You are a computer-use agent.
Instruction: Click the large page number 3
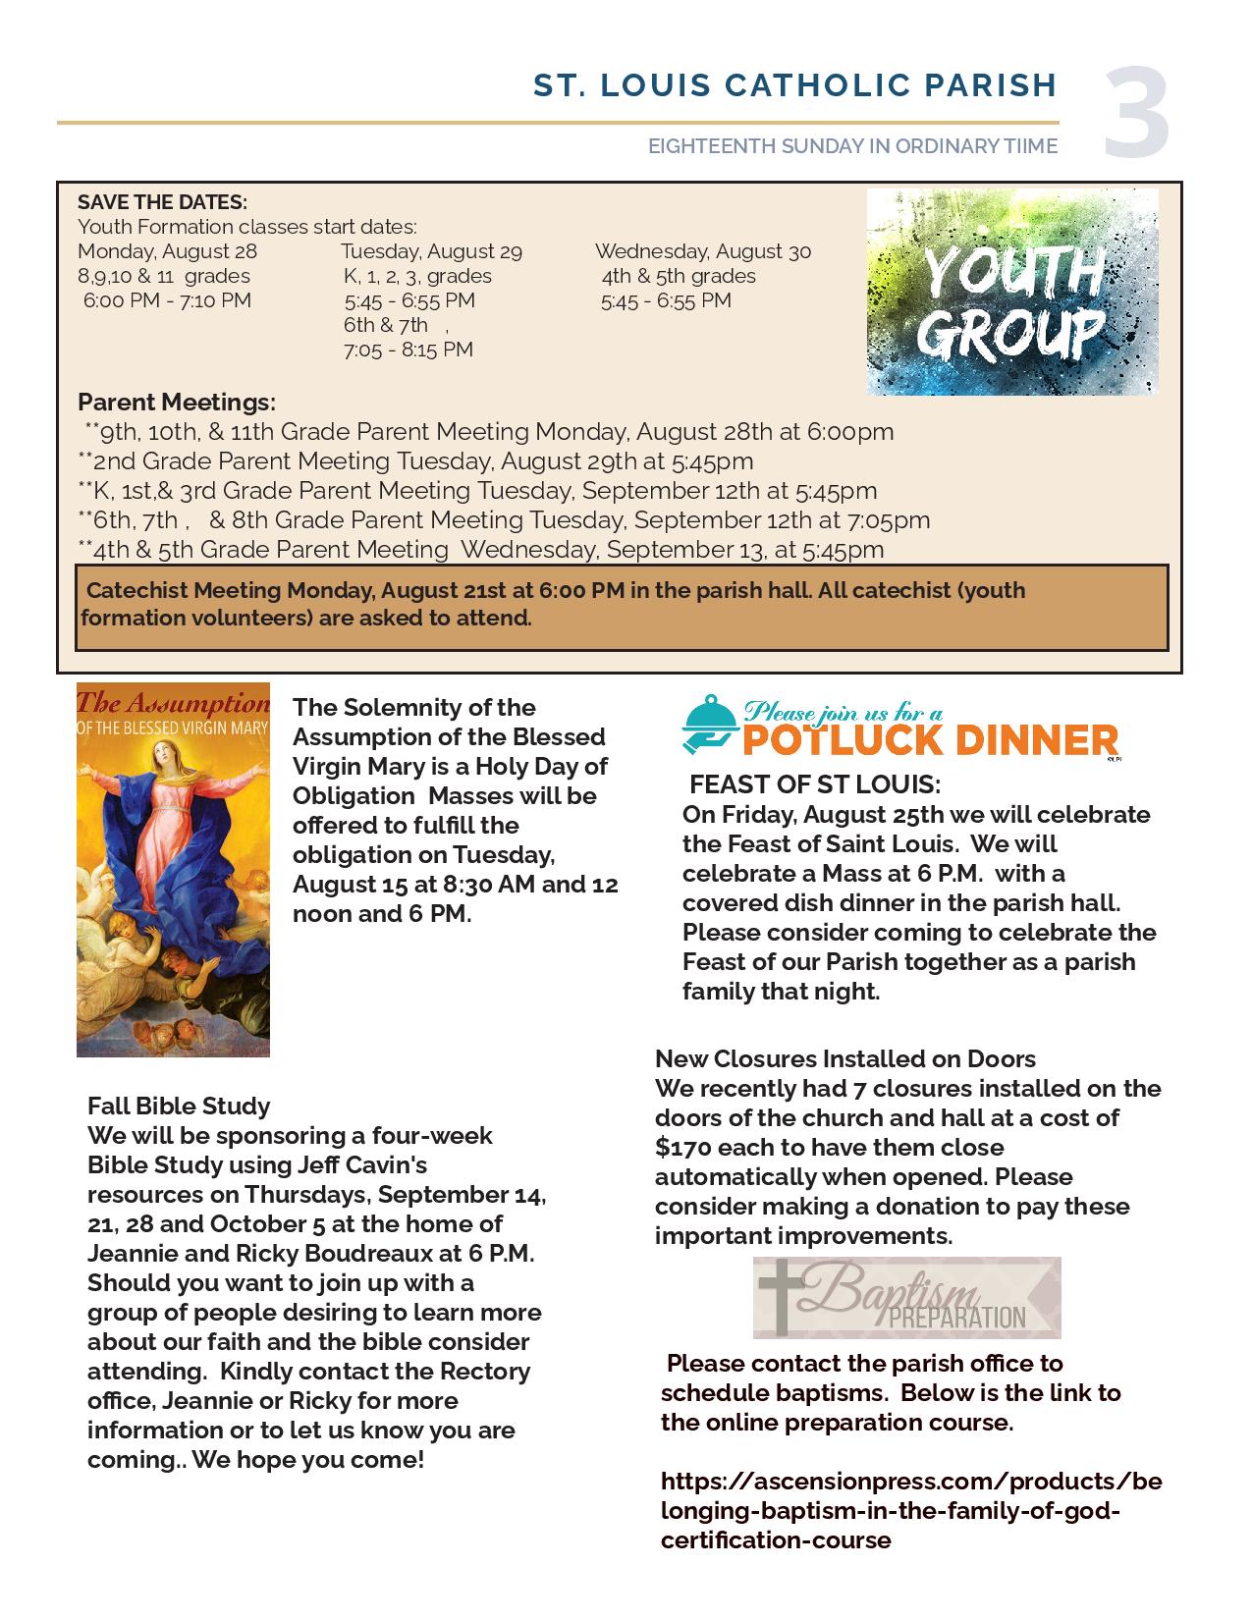coord(1137,112)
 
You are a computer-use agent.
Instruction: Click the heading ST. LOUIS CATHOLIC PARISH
coord(795,85)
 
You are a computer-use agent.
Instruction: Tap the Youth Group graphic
coord(1011,292)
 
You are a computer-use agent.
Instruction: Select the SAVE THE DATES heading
coord(162,202)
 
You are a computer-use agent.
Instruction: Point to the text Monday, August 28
coord(167,251)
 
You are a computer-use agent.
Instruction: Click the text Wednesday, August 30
coord(703,251)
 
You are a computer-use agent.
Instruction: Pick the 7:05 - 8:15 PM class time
coord(408,350)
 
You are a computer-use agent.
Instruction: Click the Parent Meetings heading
coord(177,403)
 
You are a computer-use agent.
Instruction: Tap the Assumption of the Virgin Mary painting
coord(173,870)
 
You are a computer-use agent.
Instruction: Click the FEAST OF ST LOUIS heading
coord(815,785)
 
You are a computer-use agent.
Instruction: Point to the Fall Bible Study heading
coord(179,1107)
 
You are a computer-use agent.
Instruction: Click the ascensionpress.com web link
coord(910,1509)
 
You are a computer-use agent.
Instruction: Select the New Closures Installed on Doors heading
coord(845,1059)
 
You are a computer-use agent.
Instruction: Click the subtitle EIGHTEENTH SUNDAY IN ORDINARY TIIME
coord(852,146)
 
